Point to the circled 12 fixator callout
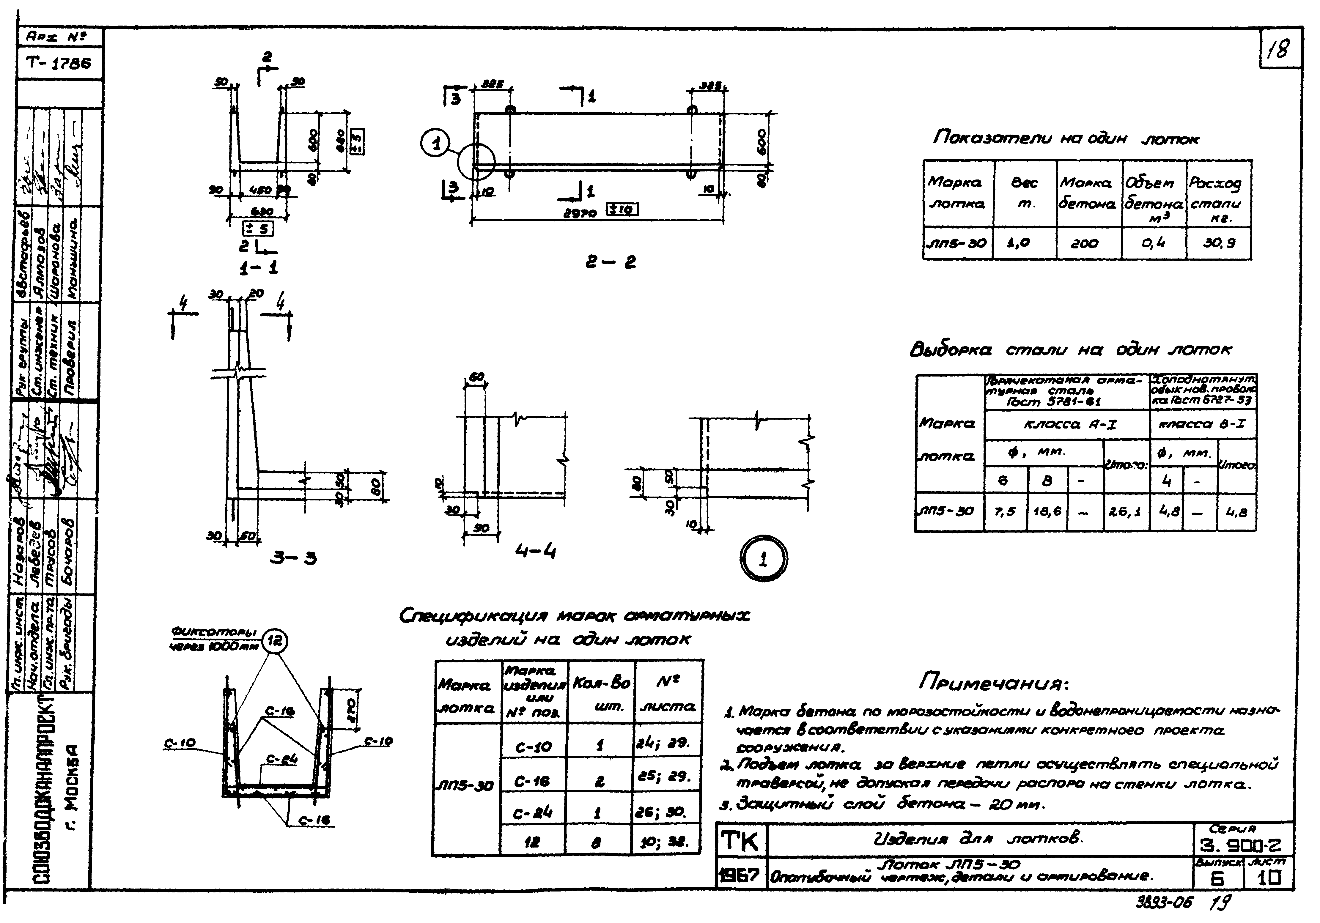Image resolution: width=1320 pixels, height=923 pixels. (274, 641)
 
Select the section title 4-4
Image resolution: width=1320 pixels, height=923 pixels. (535, 552)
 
